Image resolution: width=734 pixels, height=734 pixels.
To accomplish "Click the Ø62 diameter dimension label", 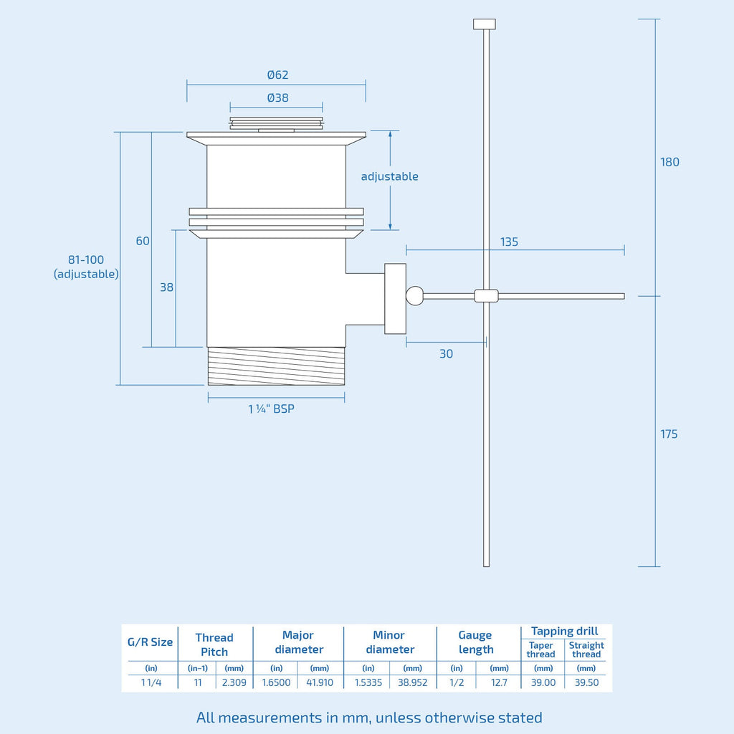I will click(x=277, y=75).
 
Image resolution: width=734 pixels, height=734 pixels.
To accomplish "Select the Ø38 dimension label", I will click(x=277, y=98).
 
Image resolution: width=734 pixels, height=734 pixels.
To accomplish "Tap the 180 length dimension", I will click(x=669, y=162).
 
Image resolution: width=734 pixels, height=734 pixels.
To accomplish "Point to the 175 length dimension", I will click(x=669, y=434).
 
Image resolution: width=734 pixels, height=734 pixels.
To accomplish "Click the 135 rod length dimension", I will click(x=509, y=242).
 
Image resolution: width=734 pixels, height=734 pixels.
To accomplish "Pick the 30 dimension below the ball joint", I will click(x=446, y=354).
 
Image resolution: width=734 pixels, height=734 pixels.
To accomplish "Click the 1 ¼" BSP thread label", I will click(x=272, y=409).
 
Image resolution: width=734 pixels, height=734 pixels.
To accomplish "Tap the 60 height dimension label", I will click(x=143, y=241).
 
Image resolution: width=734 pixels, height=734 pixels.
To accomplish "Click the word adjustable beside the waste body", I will click(x=389, y=176).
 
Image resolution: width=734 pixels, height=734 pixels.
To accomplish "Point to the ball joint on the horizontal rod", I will click(x=415, y=295).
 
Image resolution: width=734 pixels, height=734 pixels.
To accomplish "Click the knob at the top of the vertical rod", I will click(x=485, y=24).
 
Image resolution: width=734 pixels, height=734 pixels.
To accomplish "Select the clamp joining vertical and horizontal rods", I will click(x=486, y=295).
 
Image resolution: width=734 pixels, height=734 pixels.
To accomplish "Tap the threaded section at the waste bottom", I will click(x=276, y=366).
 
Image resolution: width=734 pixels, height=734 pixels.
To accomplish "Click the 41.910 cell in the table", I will click(x=320, y=682).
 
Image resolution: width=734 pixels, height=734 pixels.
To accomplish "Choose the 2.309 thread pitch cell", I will click(x=234, y=682).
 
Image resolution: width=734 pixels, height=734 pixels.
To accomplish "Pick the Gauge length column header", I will click(x=476, y=642).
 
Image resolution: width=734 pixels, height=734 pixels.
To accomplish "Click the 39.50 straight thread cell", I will click(x=586, y=682).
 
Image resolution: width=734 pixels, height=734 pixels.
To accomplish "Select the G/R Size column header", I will click(x=151, y=642).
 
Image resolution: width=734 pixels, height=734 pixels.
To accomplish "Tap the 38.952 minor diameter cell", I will click(x=412, y=682).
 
